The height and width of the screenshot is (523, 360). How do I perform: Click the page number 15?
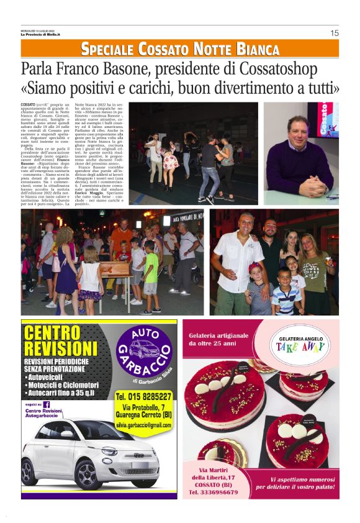click(335, 33)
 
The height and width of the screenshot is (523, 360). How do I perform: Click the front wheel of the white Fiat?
click(43, 475)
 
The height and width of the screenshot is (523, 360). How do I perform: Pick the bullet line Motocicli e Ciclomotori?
click(67, 384)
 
